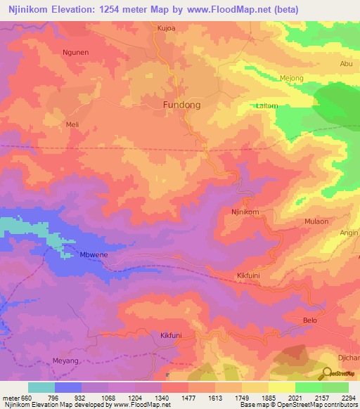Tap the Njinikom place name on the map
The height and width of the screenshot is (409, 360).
pyautogui.click(x=245, y=212)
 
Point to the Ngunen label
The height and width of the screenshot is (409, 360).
pyautogui.click(x=75, y=52)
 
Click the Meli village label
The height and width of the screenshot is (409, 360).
pyautogui.click(x=72, y=124)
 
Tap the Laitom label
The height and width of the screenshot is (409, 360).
pyautogui.click(x=267, y=105)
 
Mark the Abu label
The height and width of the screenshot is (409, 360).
pyautogui.click(x=346, y=63)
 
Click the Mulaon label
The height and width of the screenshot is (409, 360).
pyautogui.click(x=316, y=221)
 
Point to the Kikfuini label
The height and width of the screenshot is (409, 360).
pyautogui.click(x=247, y=276)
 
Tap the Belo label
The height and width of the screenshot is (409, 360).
pyautogui.click(x=309, y=320)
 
